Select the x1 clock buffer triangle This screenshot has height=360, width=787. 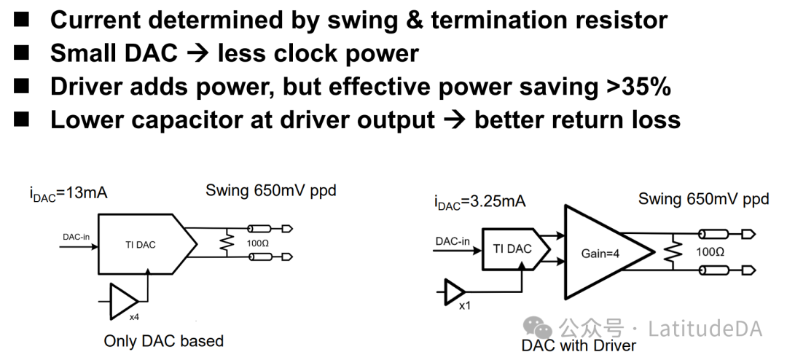coord(455,293)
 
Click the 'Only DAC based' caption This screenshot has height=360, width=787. coord(163,341)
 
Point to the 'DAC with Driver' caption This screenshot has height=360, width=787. coord(579,345)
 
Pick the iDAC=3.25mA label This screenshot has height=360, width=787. coord(479,203)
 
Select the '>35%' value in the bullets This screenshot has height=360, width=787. coord(638,86)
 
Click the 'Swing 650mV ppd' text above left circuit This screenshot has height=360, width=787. coord(270,191)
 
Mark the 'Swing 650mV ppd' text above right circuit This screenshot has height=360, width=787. coord(703,199)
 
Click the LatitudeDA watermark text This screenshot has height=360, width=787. coord(704,329)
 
